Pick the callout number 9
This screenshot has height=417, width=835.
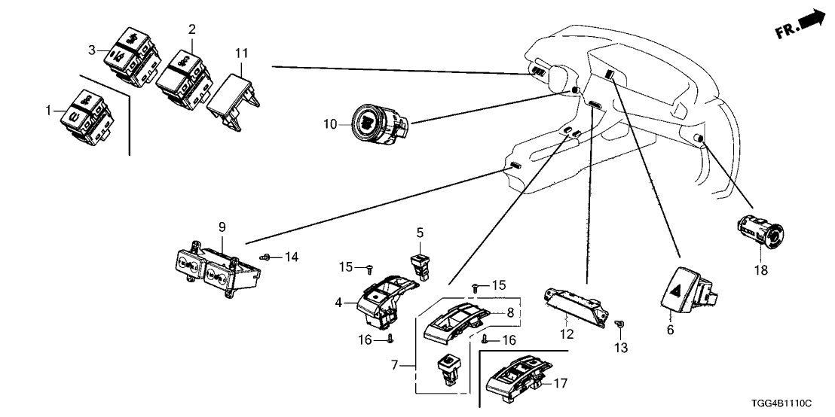pyautogui.click(x=222, y=227)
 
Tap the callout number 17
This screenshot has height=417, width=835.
pyautogui.click(x=559, y=382)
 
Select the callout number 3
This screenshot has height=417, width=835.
pyautogui.click(x=93, y=50)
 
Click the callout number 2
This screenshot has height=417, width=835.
pyautogui.click(x=191, y=29)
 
